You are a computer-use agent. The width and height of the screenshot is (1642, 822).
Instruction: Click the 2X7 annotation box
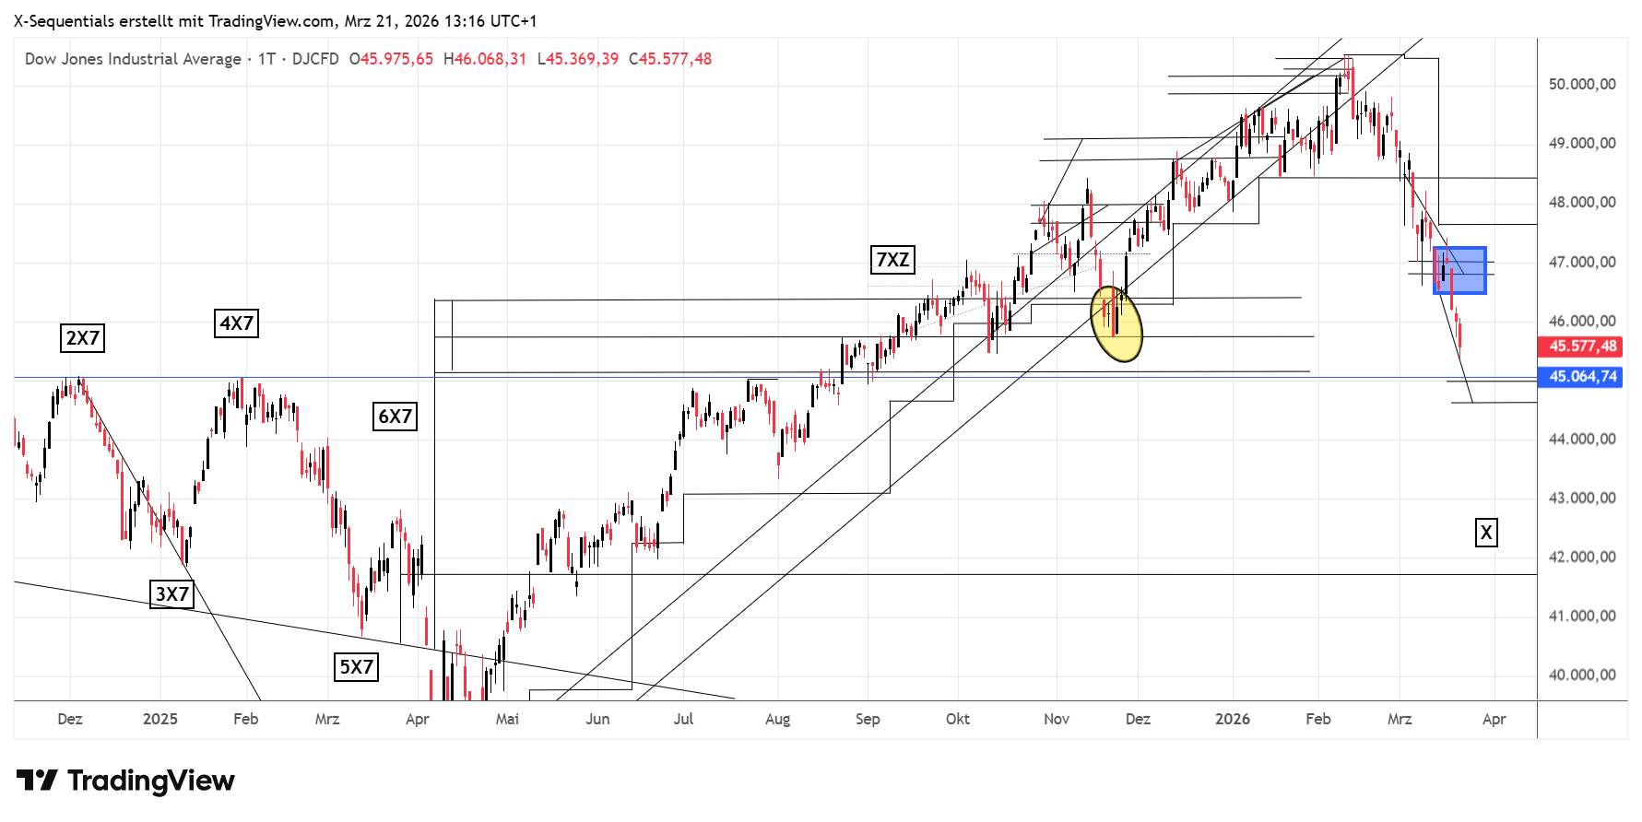coord(82,338)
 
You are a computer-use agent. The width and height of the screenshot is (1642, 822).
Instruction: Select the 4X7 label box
coord(236,323)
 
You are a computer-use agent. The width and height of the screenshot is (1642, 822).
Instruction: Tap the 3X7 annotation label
coord(172,594)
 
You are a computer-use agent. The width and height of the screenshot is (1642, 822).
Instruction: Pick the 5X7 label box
coord(357,667)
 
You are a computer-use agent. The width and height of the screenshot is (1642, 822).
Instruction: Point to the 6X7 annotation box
coord(396,417)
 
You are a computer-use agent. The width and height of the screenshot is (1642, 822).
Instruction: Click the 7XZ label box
coord(892,260)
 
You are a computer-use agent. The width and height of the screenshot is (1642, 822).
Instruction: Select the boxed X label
coord(1486,533)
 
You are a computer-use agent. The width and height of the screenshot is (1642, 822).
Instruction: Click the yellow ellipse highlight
coord(1116,323)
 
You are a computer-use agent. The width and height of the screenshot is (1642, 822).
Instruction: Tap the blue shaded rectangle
coord(1459,270)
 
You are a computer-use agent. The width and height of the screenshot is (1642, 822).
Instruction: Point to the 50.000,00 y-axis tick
coord(1582,84)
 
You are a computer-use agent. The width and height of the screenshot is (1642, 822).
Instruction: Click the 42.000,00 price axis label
coord(1582,557)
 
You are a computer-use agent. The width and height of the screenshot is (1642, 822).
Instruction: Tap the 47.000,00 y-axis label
coord(1582,262)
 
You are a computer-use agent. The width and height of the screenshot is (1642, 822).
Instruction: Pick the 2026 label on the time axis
coord(1233,719)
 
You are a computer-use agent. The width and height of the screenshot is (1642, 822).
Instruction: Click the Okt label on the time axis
coord(958,719)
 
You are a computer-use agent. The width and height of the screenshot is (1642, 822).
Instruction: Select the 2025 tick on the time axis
coord(160,719)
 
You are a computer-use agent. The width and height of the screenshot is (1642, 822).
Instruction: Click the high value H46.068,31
coord(485,59)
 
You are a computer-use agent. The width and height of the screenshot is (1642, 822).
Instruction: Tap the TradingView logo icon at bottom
coord(38,781)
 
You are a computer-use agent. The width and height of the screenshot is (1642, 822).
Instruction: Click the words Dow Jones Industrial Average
coord(133,59)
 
